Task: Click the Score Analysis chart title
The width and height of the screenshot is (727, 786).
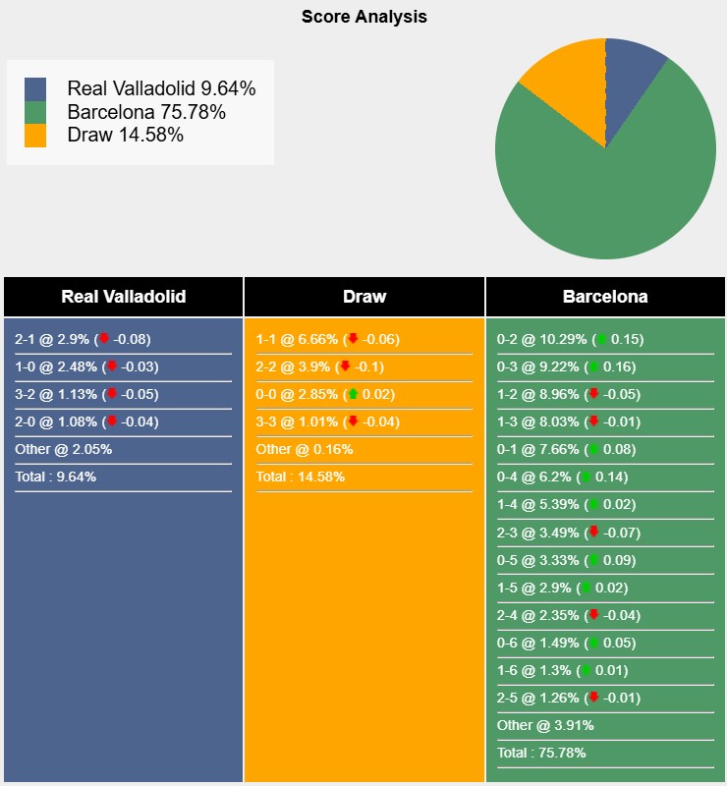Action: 363,17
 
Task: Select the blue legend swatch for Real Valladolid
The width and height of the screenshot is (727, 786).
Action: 36,88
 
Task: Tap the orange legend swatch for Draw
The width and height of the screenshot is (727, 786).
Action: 36,136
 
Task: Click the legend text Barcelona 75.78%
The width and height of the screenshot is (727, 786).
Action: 146,112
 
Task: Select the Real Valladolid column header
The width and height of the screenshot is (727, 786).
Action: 123,297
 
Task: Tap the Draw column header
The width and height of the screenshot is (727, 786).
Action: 364,297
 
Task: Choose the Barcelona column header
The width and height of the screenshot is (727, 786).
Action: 605,297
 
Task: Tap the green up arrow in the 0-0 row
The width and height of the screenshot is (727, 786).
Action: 353,394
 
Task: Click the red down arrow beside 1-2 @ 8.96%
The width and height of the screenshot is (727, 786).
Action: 592,394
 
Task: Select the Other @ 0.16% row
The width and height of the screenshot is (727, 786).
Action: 305,449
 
